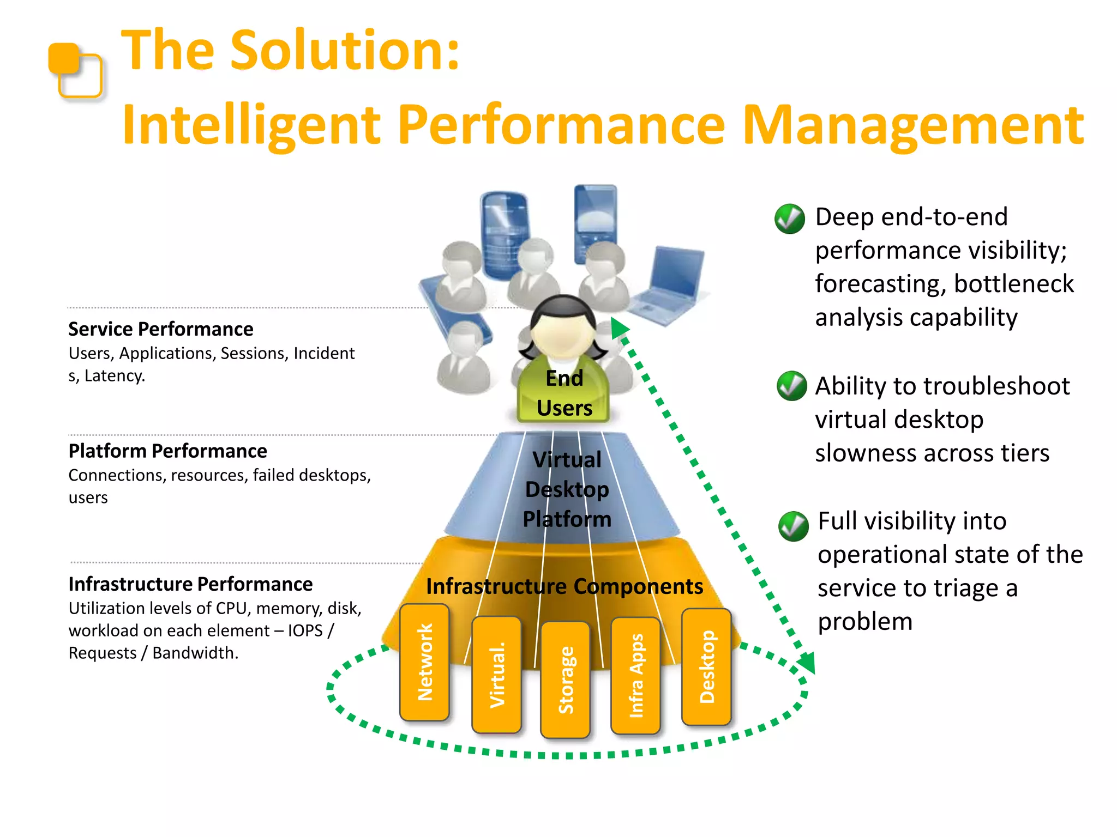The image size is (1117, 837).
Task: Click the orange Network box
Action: point(424,662)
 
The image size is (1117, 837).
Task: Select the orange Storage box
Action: point(565,680)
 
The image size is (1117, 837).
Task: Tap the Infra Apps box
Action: point(635,676)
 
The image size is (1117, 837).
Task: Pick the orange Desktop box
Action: point(706,666)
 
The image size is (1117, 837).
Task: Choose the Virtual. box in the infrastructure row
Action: point(496,675)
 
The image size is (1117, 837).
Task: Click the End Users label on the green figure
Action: point(564,393)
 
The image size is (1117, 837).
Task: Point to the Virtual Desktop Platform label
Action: point(567,489)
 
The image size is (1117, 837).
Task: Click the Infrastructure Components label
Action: point(564,586)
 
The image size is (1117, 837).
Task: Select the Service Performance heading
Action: point(161,329)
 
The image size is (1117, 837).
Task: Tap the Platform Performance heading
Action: point(168,451)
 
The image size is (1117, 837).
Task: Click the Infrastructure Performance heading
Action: point(190,584)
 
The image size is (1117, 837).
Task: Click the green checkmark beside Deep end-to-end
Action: point(790,219)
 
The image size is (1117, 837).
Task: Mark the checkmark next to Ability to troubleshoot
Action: point(791,386)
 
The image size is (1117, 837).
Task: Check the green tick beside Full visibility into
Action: point(794,526)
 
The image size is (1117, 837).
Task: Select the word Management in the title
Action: point(913,125)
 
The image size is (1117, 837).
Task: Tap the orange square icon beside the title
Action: point(76,70)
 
